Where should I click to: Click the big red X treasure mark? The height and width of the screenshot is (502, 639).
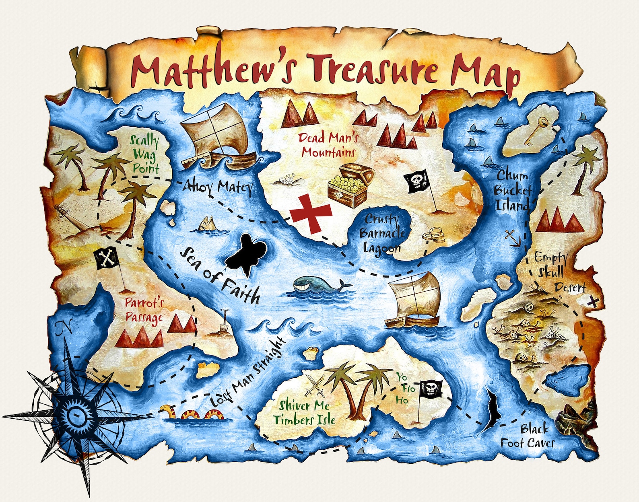(x=311, y=213)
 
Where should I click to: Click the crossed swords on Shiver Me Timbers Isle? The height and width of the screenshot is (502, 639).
(x=315, y=385)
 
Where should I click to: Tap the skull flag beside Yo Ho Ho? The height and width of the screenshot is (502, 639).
(x=431, y=388)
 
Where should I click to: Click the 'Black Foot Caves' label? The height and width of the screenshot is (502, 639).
(x=528, y=436)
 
